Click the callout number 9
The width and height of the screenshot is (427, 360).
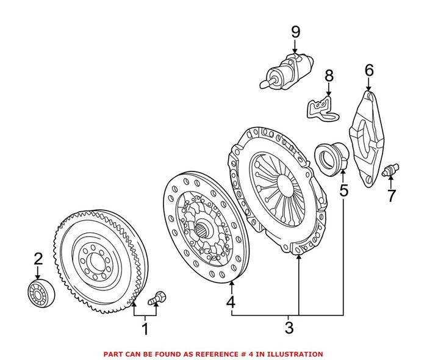[x=295, y=31]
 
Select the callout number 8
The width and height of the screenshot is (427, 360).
[x=329, y=76]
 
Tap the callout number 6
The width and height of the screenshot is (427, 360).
[x=368, y=70]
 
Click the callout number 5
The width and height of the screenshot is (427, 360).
[x=343, y=190]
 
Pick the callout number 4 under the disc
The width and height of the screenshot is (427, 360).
[x=231, y=302]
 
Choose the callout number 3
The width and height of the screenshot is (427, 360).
[x=289, y=328]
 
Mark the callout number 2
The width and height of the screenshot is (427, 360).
[x=38, y=259]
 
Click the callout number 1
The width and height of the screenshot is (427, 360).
[x=145, y=330]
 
